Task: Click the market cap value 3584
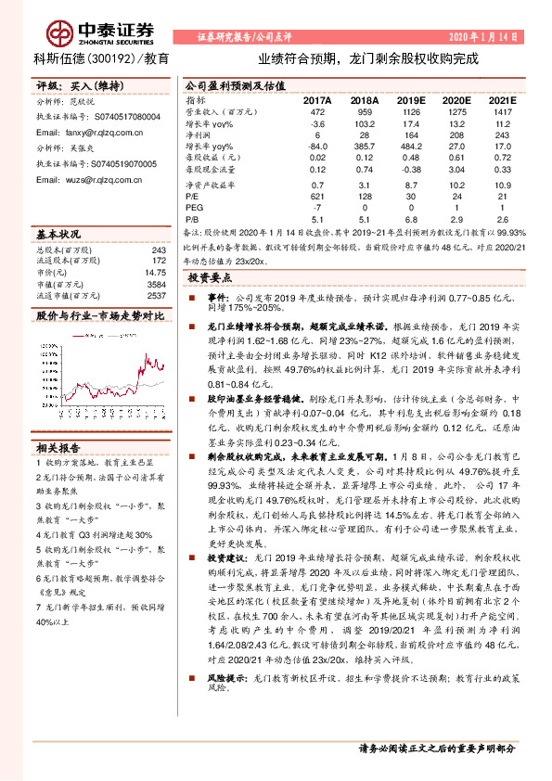(x=157, y=284)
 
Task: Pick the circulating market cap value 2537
(x=157, y=296)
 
